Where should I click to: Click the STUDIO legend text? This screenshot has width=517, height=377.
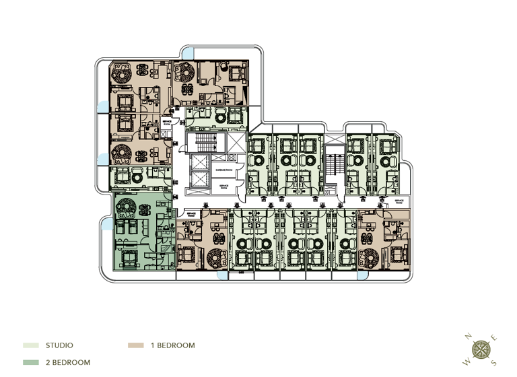59,345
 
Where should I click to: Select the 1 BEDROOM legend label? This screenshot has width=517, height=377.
172,345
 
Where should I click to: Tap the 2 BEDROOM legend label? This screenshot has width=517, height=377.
67,362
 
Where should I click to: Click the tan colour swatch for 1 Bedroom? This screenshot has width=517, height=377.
135,345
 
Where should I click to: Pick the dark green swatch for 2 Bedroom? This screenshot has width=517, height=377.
31,362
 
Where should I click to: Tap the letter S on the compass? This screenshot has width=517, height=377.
493,363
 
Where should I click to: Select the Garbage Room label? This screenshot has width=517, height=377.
224,172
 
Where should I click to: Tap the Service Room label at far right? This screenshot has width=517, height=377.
399,201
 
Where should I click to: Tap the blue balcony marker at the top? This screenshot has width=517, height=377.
189,52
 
